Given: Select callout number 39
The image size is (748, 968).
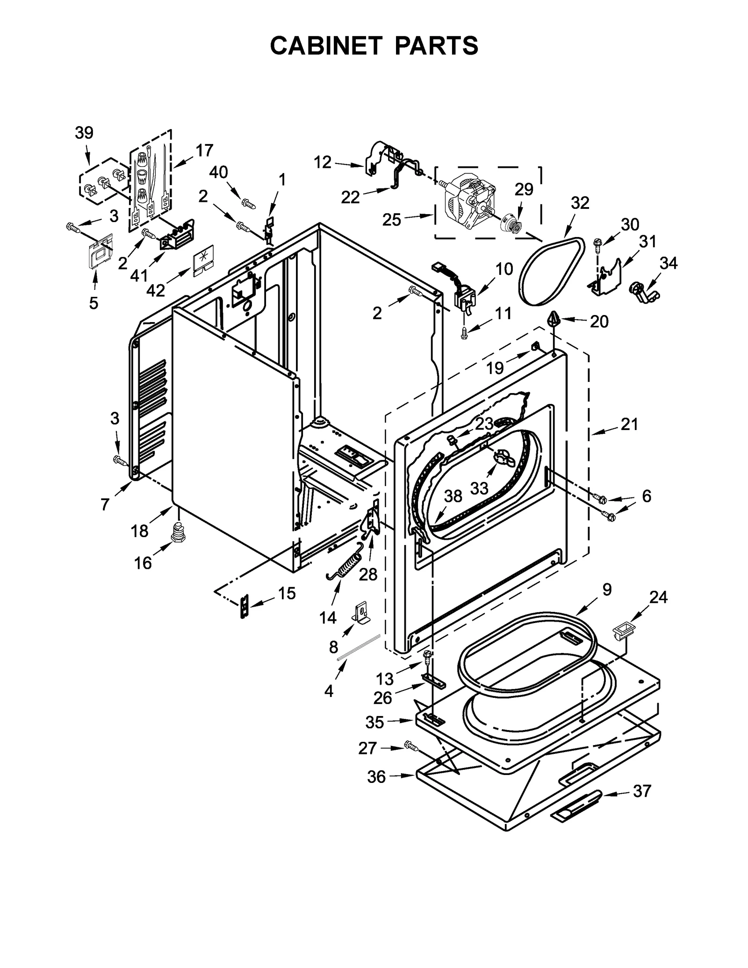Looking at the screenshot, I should click(84, 133).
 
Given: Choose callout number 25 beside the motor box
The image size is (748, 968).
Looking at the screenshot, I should click(392, 219).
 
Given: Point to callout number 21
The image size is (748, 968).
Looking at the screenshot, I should click(629, 424).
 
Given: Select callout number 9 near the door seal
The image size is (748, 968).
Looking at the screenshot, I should click(607, 590).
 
